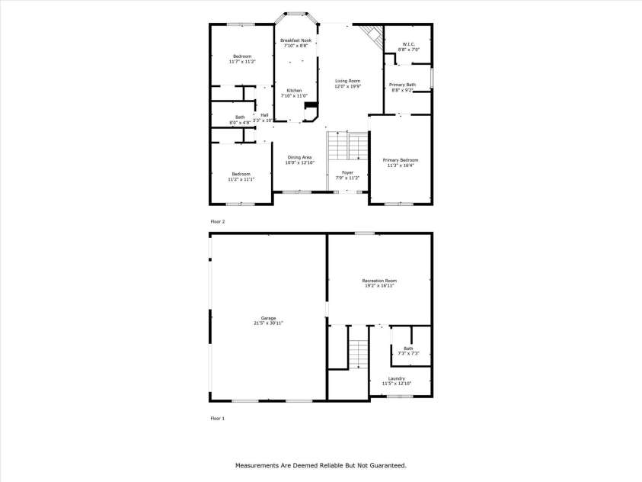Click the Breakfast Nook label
(x=295, y=40)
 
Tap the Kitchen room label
(x=294, y=90)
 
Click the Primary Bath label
(x=402, y=84)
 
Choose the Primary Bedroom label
(x=401, y=159)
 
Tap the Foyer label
(x=347, y=172)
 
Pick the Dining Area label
(x=299, y=156)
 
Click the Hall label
(x=264, y=114)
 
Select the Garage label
(x=268, y=317)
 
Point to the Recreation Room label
(x=378, y=281)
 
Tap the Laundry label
(x=396, y=378)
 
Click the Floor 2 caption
(x=218, y=221)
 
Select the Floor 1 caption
(x=218, y=418)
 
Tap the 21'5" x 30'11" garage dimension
(x=268, y=323)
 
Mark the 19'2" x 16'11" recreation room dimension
(x=378, y=286)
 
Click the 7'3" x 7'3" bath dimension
(x=409, y=354)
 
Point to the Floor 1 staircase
(x=359, y=353)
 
